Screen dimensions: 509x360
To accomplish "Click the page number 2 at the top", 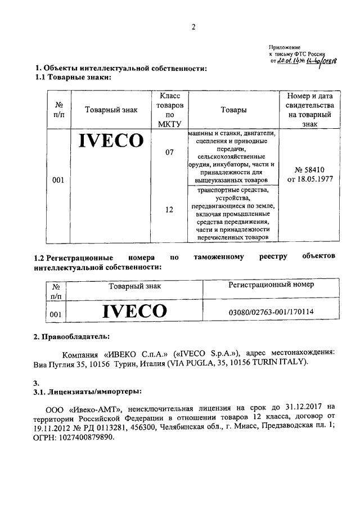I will (193, 26).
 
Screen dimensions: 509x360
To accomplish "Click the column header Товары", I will (233, 110).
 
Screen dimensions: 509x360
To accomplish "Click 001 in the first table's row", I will (57, 180).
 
